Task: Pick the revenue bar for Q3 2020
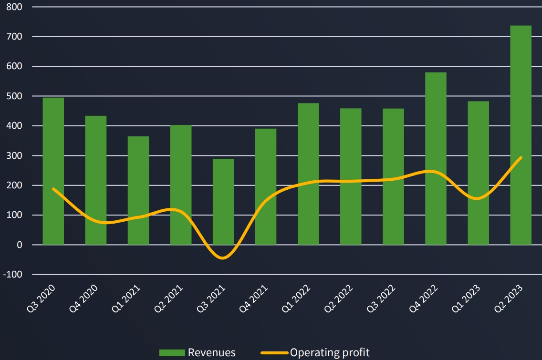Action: click(x=53, y=171)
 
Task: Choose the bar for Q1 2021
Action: click(x=138, y=191)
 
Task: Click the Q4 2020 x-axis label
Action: click(x=84, y=298)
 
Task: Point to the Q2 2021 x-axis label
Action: click(x=169, y=298)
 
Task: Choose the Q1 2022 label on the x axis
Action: click(x=296, y=298)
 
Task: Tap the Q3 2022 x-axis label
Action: click(x=381, y=298)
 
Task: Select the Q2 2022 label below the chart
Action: click(x=339, y=298)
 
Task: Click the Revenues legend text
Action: click(x=211, y=353)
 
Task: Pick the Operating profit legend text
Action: click(x=330, y=353)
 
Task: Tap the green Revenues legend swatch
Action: click(x=172, y=353)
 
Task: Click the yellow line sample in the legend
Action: click(x=274, y=353)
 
